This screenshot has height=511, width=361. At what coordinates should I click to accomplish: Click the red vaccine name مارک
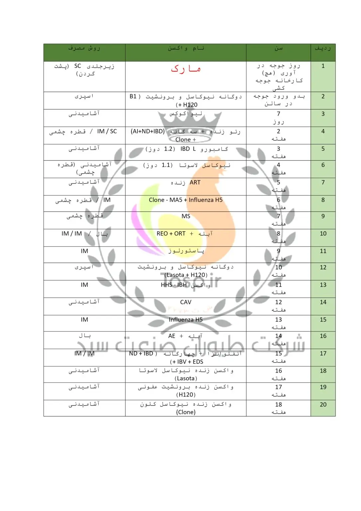pyautogui.click(x=185, y=69)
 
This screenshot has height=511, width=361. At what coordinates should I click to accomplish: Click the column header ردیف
pyautogui.click(x=323, y=49)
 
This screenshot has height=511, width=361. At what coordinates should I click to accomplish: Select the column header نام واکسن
pyautogui.click(x=185, y=49)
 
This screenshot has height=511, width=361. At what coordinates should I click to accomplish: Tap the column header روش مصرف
pyautogui.click(x=84, y=49)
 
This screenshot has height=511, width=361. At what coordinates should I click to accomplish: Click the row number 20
pyautogui.click(x=323, y=405)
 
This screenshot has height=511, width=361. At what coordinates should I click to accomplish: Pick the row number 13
pyautogui.click(x=323, y=285)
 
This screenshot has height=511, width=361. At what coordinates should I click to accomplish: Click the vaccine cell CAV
pyautogui.click(x=185, y=302)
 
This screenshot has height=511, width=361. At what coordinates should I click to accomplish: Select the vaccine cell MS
pyautogui.click(x=186, y=216)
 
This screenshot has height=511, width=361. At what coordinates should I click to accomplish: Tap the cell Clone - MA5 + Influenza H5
pyautogui.click(x=185, y=200)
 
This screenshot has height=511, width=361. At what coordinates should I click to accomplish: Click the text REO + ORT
pyautogui.click(x=171, y=234)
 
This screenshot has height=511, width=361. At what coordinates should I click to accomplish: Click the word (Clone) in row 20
pyautogui.click(x=186, y=412)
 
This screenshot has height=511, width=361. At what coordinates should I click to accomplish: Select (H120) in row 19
pyautogui.click(x=186, y=395)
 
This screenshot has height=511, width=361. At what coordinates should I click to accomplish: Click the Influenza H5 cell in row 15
pyautogui.click(x=185, y=320)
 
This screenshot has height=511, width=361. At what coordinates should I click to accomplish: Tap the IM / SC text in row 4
pyautogui.click(x=107, y=131)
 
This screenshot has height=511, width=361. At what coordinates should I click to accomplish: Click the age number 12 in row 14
pyautogui.click(x=279, y=302)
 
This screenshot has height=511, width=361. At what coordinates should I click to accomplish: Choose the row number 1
pyautogui.click(x=323, y=66)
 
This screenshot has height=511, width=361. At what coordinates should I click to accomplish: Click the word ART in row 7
pyautogui.click(x=195, y=182)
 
